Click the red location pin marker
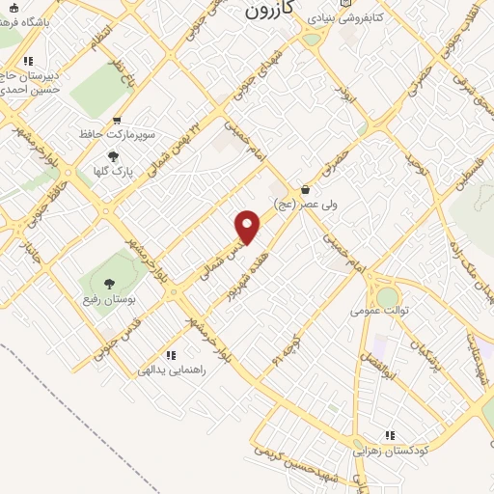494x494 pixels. click(x=248, y=227)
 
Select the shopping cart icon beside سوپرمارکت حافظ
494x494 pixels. click(x=117, y=122)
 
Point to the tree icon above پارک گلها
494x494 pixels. click(x=113, y=155)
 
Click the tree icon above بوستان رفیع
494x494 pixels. click(x=107, y=283)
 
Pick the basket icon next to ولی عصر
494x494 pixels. click(x=305, y=190)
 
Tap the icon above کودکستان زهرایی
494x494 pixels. click(x=391, y=435)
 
